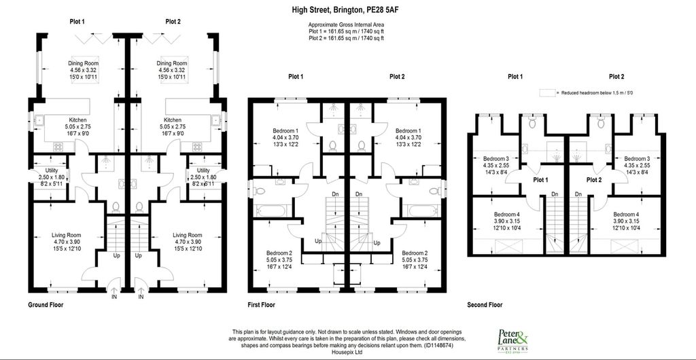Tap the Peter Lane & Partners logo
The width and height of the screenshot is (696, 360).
coord(516,339)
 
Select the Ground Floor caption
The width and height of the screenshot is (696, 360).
coord(46,305)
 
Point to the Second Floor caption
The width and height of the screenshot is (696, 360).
coord(485,305)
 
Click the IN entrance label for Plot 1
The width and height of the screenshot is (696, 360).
coord(114,297)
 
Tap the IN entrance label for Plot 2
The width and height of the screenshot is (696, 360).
coord(141,297)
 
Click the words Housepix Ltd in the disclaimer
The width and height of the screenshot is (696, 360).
coord(348,351)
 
